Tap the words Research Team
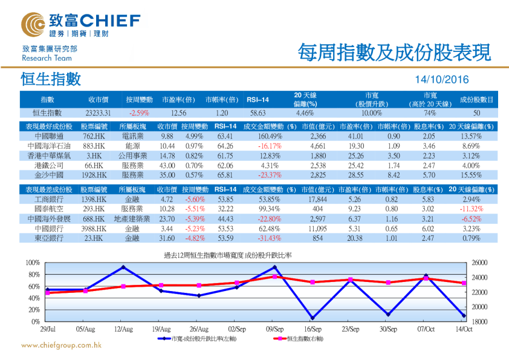[x=47, y=59]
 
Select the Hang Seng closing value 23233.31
[x=98, y=113]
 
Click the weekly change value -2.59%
[x=139, y=113]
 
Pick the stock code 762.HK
[x=94, y=137]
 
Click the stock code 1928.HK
[x=94, y=174]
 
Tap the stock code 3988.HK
[x=94, y=229]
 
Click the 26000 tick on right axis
[x=478, y=263]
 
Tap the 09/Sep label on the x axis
[x=275, y=329]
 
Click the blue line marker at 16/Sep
[x=313, y=318]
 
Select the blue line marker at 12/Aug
[x=123, y=267]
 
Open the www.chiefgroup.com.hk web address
[x=61, y=345]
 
